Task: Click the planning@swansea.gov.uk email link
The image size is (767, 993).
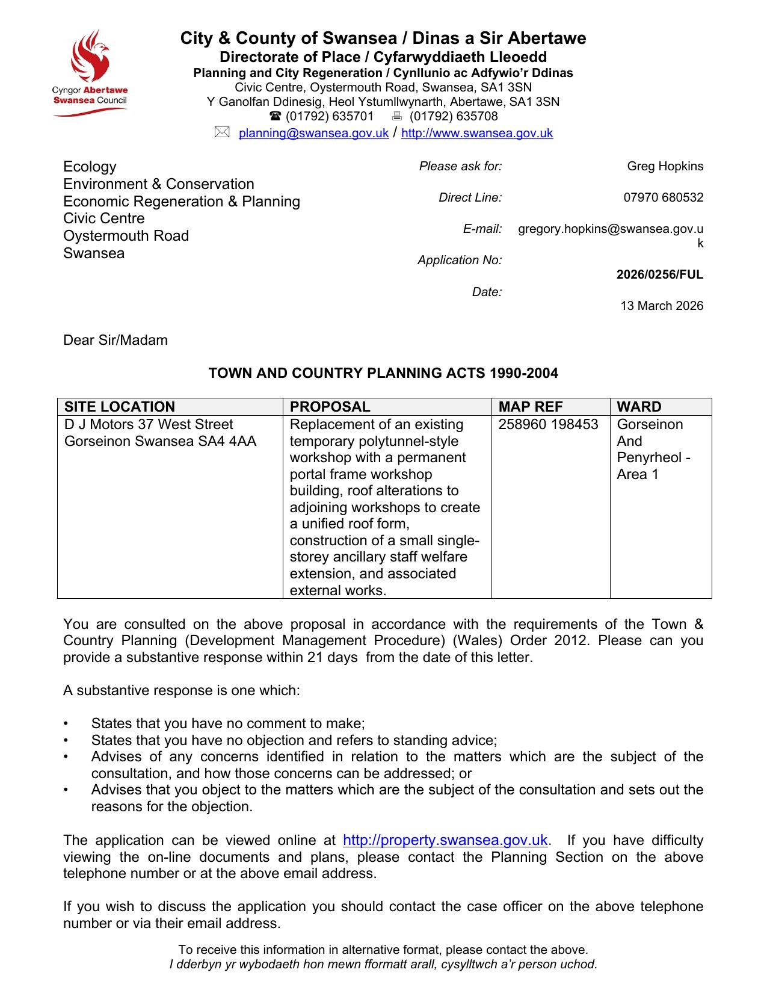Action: point(313,134)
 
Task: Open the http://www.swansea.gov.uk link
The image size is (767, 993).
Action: point(477,134)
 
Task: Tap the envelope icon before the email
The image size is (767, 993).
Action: point(222,132)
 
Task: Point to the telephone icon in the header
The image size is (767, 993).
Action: point(275,116)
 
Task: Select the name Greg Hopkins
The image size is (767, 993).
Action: point(665,166)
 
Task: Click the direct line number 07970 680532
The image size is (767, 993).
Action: point(663,197)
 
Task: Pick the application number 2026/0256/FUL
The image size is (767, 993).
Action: point(659,274)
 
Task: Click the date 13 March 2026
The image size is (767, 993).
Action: point(662,306)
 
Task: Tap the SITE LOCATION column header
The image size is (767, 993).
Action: point(120,407)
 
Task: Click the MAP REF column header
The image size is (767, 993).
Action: point(531,407)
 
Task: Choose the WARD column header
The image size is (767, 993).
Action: point(639,407)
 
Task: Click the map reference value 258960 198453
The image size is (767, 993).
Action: point(548,424)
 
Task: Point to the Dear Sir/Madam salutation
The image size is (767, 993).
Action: point(116,340)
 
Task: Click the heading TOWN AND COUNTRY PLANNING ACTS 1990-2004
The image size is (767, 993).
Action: point(383,373)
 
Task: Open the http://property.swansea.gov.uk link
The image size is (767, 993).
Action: point(445,840)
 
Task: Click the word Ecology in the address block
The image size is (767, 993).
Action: point(90,167)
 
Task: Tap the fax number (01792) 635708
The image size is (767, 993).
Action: point(454,116)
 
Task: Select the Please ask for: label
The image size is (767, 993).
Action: point(460,166)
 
